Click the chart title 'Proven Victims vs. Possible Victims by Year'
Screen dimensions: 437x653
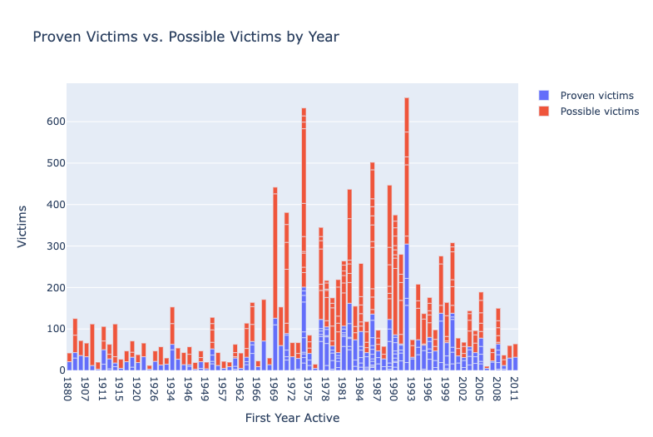point(186,37)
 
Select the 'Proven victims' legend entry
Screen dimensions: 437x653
point(596,95)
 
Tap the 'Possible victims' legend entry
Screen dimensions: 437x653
point(599,111)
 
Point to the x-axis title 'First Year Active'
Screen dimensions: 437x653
point(292,418)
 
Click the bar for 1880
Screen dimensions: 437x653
point(70,362)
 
